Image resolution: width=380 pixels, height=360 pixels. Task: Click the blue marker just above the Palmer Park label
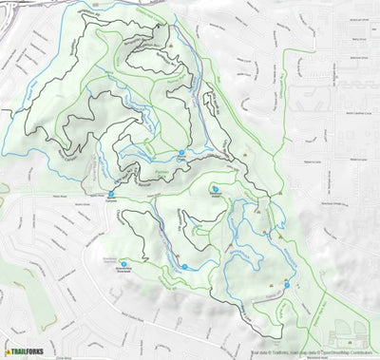click(181, 153)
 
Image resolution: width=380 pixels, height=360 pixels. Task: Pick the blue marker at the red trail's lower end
click(286, 283)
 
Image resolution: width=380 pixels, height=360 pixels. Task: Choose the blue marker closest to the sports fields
click(286, 283)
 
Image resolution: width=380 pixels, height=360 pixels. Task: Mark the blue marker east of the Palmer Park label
click(215, 188)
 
